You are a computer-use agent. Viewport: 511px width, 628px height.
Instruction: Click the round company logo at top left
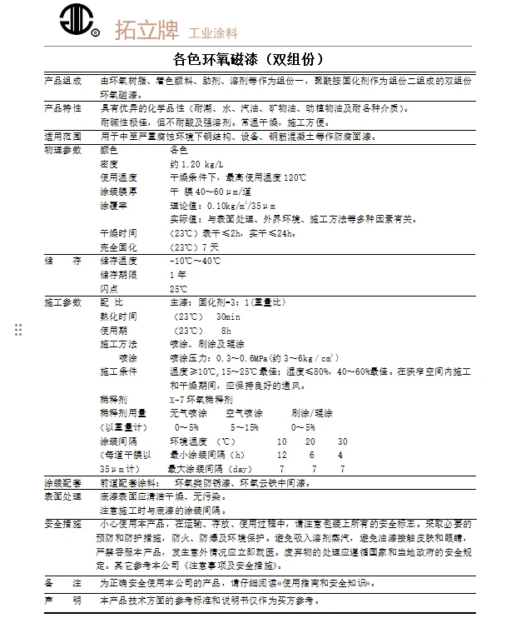point(81,22)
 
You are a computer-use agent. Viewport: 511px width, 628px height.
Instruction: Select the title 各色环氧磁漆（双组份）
point(247,60)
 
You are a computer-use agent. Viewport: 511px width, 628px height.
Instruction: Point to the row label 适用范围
point(62,137)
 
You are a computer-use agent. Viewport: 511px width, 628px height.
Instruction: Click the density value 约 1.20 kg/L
point(196,165)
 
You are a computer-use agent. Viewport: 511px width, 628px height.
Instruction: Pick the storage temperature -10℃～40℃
point(196,261)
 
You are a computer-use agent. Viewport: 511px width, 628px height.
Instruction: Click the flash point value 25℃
point(179,288)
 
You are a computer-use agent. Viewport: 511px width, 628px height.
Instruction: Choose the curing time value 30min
point(228,316)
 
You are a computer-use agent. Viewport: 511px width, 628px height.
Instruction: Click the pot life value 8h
point(226,330)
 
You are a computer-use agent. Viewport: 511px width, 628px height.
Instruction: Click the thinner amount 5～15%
point(245,426)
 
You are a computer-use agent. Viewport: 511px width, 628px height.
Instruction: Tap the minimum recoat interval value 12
point(282,455)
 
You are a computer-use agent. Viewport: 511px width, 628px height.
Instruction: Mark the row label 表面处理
point(62,496)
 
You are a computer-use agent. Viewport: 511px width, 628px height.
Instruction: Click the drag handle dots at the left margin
point(18,331)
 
